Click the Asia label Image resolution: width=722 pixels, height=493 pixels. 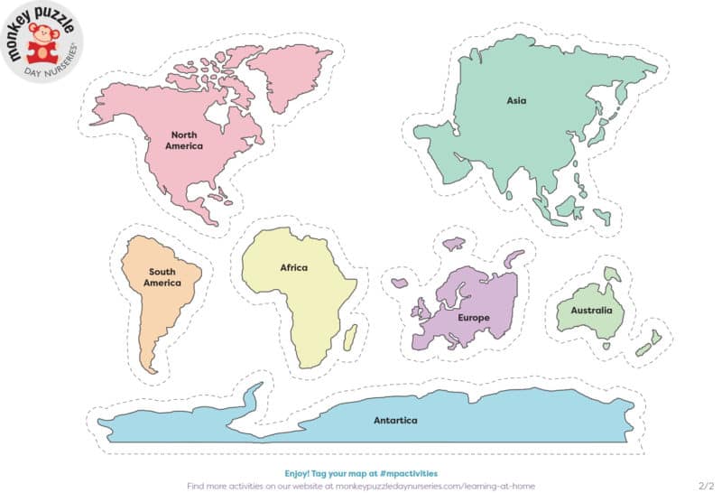[516, 101]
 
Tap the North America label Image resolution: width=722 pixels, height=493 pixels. [183, 140]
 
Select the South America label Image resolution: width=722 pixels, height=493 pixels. [162, 277]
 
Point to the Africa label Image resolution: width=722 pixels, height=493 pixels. [293, 268]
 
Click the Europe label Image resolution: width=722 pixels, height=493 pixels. [474, 318]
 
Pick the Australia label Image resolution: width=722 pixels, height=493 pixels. [590, 311]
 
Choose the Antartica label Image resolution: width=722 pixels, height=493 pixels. [395, 420]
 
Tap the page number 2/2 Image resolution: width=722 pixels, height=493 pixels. [706, 485]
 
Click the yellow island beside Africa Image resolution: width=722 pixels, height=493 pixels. [350, 338]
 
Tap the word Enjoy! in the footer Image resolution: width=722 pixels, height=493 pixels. [299, 472]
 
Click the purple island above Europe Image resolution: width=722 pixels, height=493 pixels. [453, 244]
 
